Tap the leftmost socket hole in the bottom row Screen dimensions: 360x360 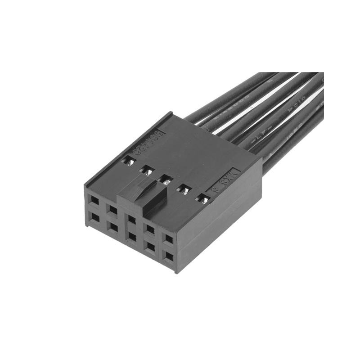[x=95, y=218]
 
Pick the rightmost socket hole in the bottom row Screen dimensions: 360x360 [x=168, y=257]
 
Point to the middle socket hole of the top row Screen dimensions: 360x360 [x=131, y=220]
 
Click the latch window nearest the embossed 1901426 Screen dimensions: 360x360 [x=129, y=161]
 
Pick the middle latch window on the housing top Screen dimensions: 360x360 [x=166, y=180]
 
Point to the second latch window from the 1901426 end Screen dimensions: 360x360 [x=147, y=171]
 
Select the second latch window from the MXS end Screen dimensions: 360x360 [x=184, y=189]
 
